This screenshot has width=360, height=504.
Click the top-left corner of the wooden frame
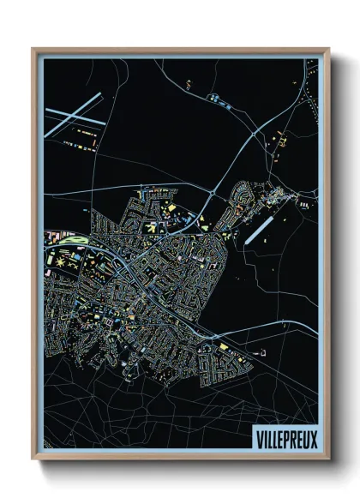coord(33,49)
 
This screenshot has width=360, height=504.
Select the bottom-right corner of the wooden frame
coord(329,459)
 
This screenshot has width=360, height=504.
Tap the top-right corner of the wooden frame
coord(329,49)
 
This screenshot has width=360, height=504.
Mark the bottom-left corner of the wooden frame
coord(33,459)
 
